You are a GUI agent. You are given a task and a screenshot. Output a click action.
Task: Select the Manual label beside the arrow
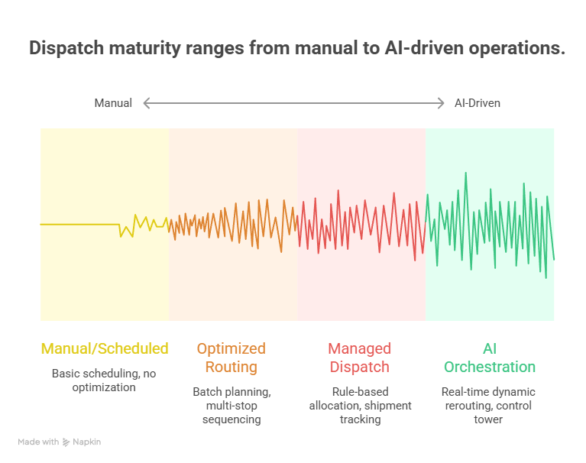[x=113, y=103]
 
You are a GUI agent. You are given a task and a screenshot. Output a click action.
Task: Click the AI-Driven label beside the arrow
[x=478, y=103]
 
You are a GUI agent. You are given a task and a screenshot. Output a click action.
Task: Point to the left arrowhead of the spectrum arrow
[x=146, y=103]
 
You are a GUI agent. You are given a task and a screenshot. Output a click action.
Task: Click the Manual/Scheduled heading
[x=105, y=348]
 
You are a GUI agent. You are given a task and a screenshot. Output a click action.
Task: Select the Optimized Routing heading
[x=231, y=358]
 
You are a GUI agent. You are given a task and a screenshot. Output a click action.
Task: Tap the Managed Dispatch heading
[x=360, y=358]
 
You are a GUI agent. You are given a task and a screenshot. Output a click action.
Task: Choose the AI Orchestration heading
[x=490, y=358]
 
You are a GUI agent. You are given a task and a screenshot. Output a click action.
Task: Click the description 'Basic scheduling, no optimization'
[x=105, y=380]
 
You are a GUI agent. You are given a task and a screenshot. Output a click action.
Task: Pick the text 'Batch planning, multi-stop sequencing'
[x=231, y=406]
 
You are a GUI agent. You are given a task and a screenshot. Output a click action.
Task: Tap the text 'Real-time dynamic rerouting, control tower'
[x=488, y=406]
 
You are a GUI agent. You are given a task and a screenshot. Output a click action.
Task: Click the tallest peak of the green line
[x=465, y=173]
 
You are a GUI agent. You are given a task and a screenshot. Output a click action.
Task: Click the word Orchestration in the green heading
[x=490, y=367]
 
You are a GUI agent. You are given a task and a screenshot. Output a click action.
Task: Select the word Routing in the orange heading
[x=231, y=367]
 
